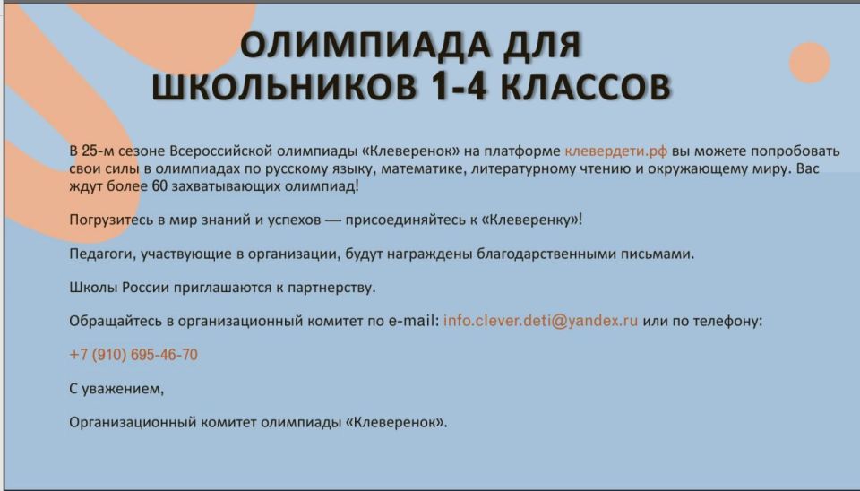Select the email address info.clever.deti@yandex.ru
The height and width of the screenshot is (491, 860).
pyautogui.click(x=540, y=320)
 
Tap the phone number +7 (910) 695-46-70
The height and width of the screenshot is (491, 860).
pyautogui.click(x=133, y=355)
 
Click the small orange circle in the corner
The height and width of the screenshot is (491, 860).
pyautogui.click(x=810, y=63)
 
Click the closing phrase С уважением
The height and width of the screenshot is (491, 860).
pyautogui.click(x=116, y=389)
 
